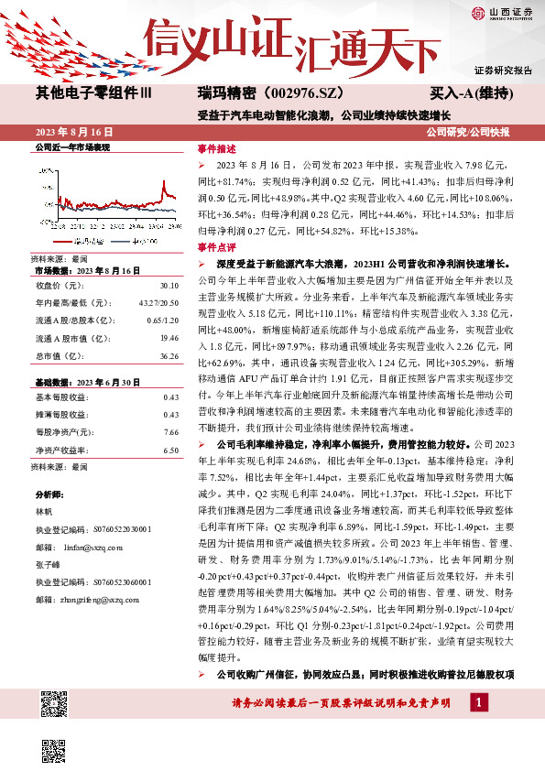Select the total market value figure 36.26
168,355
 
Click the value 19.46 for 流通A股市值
168,338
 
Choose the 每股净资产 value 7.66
169,432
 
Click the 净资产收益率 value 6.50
169,451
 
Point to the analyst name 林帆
44,511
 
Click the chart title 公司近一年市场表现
71,147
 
